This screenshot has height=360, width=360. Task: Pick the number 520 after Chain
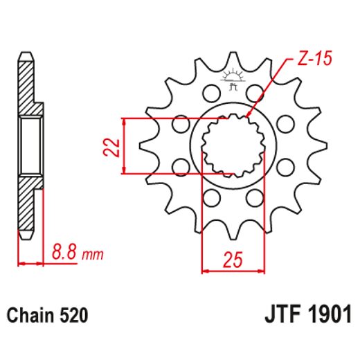(73, 316)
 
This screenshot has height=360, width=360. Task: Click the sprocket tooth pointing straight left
(147, 146)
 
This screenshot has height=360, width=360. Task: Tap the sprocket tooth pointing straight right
(320, 146)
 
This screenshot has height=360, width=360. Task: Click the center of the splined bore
(233, 146)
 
